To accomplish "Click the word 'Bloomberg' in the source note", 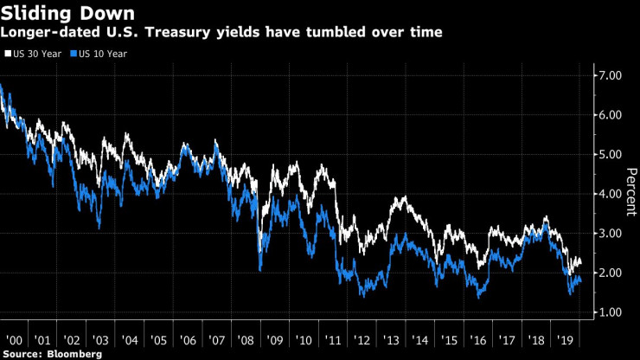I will coord(74,354).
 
